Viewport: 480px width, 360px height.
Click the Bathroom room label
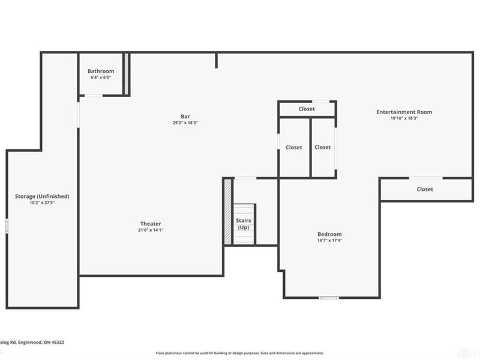click(101, 71)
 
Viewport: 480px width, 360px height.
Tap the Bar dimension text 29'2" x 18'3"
click(185, 122)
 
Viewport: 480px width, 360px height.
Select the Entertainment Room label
click(404, 112)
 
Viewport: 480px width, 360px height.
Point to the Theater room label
click(151, 224)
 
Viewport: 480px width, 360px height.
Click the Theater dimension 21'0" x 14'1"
click(151, 230)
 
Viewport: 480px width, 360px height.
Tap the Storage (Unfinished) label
click(42, 196)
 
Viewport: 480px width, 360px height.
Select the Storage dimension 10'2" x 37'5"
click(42, 203)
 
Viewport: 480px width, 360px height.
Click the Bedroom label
click(329, 234)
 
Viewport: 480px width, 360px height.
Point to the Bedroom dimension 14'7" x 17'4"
click(329, 241)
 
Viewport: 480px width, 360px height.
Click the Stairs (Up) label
click(244, 224)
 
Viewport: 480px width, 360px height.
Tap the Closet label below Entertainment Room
click(425, 189)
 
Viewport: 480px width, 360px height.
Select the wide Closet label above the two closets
click(307, 109)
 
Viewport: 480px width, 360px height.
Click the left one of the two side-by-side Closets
click(293, 148)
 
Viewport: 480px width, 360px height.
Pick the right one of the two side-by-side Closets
click(322, 147)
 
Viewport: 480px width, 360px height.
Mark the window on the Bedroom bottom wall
click(328, 298)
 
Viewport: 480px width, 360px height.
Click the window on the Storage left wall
click(7, 226)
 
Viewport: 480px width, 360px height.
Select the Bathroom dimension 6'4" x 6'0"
click(101, 77)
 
